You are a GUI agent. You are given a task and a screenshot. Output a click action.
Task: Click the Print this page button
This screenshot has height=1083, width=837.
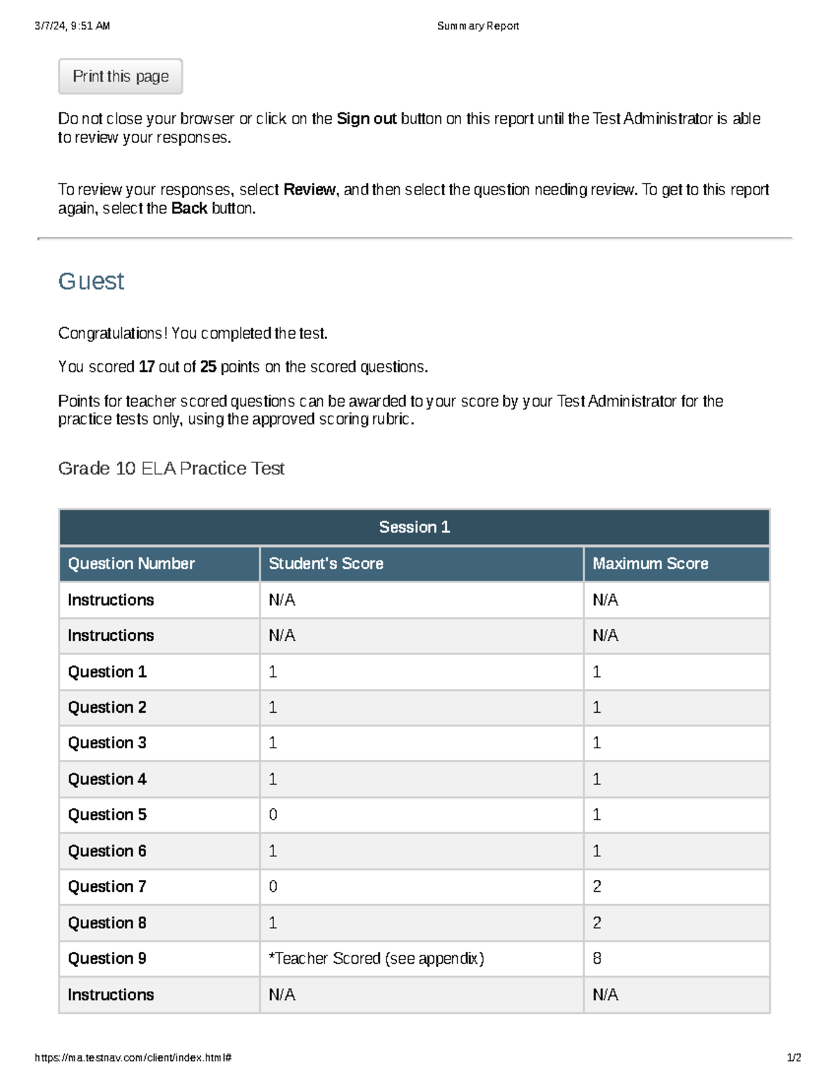pos(120,77)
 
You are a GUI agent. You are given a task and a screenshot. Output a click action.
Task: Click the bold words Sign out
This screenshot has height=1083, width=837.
pos(366,119)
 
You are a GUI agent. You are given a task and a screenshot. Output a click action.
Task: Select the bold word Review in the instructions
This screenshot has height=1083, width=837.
pos(309,190)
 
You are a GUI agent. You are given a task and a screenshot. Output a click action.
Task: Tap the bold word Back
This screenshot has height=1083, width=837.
pos(189,209)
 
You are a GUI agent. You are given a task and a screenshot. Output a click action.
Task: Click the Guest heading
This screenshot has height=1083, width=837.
pos(91,281)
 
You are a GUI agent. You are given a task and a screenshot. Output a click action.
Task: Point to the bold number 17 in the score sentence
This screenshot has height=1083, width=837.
pos(146,367)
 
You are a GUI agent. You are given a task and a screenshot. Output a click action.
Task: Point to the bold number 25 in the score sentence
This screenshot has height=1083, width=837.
pos(208,367)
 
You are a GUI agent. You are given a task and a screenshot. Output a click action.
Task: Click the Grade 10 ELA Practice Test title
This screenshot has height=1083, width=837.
pos(171,469)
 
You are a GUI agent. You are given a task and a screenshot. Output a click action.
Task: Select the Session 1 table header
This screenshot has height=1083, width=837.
pos(414,527)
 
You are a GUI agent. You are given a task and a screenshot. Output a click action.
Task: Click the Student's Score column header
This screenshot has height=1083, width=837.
pos(326,563)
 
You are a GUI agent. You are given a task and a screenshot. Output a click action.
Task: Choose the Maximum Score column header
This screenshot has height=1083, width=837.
pos(650,563)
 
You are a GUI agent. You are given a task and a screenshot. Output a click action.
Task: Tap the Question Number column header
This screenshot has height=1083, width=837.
pos(131,563)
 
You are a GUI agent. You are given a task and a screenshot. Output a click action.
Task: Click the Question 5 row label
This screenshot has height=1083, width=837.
pos(107,815)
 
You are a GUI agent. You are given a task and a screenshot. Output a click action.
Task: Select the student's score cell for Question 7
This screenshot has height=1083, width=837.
pos(273,886)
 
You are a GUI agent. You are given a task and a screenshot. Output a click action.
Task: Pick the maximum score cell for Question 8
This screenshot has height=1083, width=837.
pos(597,923)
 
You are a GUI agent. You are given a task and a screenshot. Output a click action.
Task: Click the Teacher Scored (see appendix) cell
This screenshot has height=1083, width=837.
pos(376,959)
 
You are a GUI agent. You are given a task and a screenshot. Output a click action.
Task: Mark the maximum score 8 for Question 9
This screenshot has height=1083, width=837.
pos(597,959)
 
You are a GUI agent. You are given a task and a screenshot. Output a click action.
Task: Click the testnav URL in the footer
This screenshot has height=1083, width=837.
pos(133,1057)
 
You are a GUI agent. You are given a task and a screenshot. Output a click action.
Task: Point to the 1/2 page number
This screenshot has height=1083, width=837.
pos(794,1057)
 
